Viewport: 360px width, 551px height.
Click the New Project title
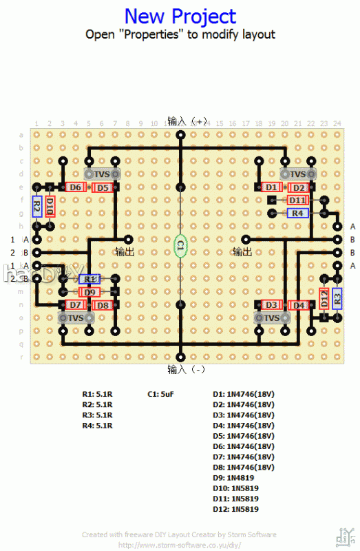pos(180,17)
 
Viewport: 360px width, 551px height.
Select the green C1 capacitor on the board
pos(180,245)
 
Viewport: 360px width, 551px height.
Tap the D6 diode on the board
pos(76,187)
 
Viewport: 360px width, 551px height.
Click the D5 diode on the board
pos(102,187)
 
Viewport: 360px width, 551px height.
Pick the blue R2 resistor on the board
pos(37,206)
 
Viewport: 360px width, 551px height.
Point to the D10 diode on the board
pos(50,207)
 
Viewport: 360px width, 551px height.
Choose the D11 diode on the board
pos(297,200)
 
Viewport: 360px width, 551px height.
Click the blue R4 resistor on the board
pos(297,214)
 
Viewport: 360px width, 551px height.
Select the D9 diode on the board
pos(89,292)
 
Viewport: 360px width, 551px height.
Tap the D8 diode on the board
pos(102,305)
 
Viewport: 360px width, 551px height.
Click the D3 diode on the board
pos(272,305)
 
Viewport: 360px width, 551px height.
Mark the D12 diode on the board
pos(324,298)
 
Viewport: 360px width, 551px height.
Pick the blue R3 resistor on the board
pos(337,298)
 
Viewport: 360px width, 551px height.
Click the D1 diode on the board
pos(272,187)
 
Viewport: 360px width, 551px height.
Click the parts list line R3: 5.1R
pos(97,415)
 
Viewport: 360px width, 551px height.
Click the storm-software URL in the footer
pos(180,544)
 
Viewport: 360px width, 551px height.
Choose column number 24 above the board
pos(337,124)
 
